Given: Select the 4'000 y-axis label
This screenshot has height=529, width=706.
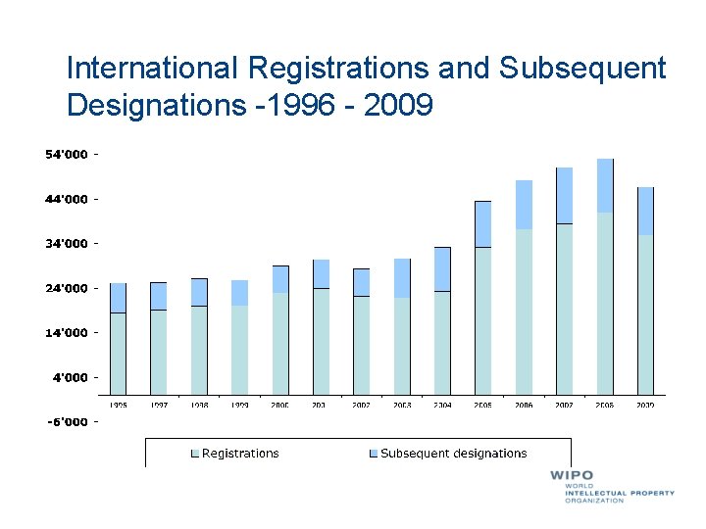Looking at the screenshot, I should click(x=71, y=377).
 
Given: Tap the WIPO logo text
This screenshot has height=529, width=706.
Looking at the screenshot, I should click(x=572, y=476).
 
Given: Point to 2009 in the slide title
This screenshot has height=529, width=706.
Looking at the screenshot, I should click(x=397, y=104).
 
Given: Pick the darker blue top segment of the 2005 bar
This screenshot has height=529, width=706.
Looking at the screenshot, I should click(x=482, y=224).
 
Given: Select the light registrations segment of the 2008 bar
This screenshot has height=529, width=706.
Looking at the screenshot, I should click(x=605, y=304).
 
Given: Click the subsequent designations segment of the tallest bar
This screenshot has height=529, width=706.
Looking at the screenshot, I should click(x=605, y=185).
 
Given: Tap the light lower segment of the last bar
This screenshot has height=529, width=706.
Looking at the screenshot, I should click(x=645, y=314).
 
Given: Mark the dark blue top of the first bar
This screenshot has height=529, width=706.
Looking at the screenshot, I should click(x=118, y=298).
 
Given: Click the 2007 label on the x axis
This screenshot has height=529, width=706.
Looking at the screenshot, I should click(x=564, y=405).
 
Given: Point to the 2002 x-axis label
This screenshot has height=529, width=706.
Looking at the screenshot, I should click(x=361, y=405).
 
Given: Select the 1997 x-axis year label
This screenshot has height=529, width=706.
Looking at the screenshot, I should click(x=158, y=405).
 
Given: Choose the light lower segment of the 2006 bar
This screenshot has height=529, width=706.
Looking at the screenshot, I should click(x=524, y=312).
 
